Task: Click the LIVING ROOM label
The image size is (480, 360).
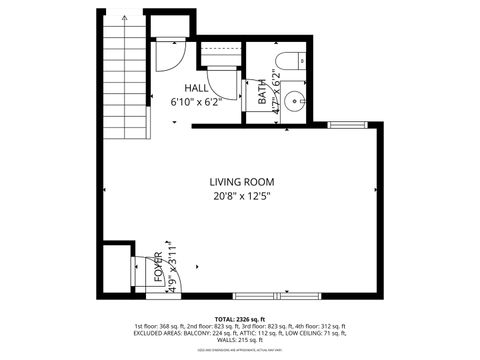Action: pos(241,181)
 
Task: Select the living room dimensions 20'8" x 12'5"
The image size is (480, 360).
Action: pos(241,197)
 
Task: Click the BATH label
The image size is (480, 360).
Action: pos(263,93)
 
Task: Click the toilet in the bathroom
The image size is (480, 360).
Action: pos(289,61)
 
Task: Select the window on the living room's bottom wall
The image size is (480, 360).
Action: pos(276,296)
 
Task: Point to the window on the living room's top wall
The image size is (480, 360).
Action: pos(346,125)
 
